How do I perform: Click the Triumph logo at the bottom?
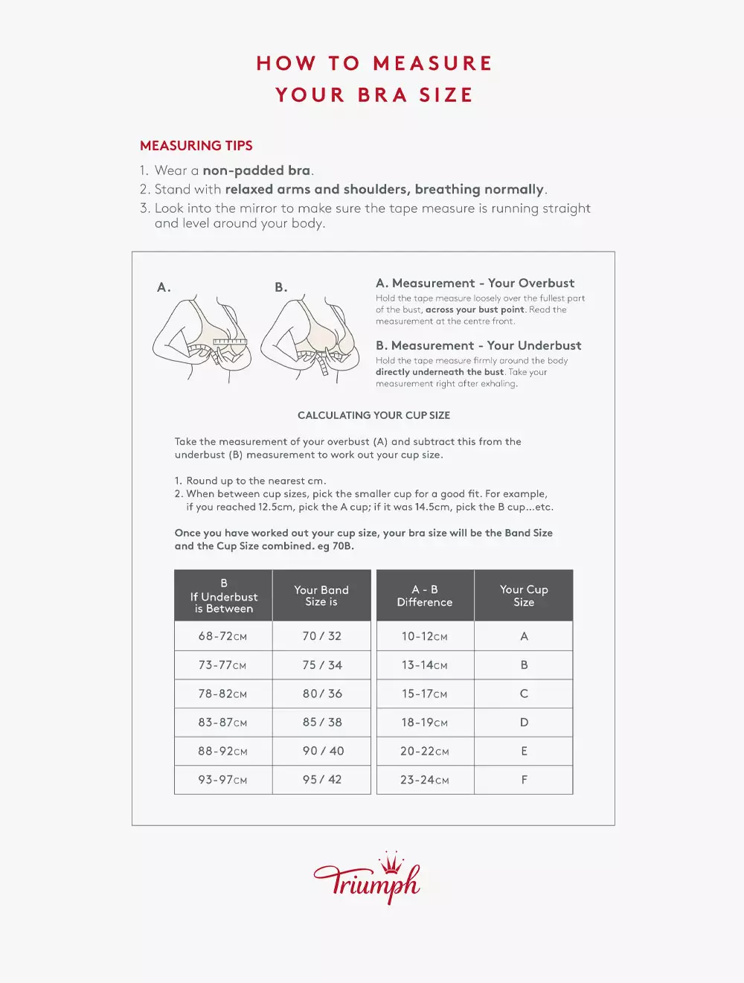point(367,880)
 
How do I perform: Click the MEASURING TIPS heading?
point(196,146)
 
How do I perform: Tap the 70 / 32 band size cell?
point(321,636)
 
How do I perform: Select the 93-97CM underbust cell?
point(223,780)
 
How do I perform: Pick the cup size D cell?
point(524,723)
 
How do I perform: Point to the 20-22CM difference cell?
point(425,752)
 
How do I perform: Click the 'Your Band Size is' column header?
point(321,596)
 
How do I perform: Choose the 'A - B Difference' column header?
point(425,596)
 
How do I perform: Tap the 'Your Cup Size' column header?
point(524,596)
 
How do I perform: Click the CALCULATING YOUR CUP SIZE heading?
point(373,415)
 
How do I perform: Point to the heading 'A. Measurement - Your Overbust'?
point(475,284)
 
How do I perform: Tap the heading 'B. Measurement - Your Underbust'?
point(478,346)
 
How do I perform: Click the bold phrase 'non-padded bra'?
point(257,170)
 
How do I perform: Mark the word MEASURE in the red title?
point(432,64)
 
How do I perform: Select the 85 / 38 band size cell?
point(321,723)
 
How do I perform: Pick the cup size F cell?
point(524,780)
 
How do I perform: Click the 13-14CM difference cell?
point(425,665)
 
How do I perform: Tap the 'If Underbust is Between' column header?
point(223,596)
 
